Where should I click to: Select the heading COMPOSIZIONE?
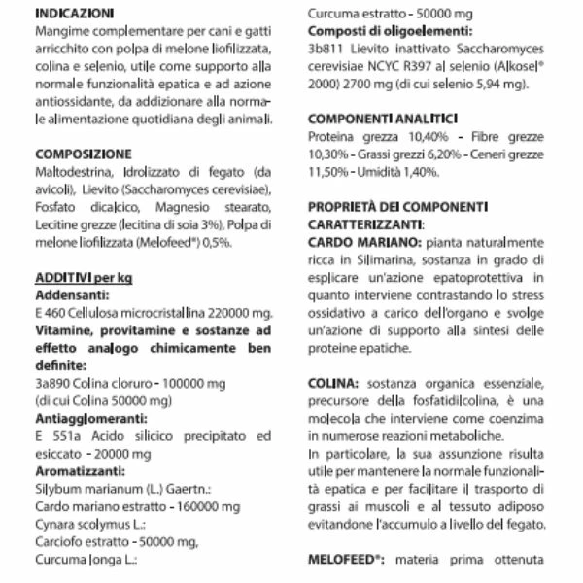pyautogui.click(x=78, y=154)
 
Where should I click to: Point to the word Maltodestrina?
pyautogui.click(x=74, y=171)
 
